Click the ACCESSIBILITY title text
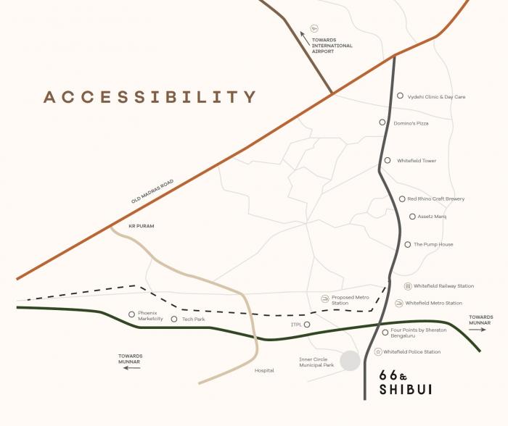click(x=150, y=97)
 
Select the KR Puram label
click(x=142, y=226)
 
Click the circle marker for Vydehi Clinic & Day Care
click(x=400, y=96)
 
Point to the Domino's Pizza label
click(x=411, y=123)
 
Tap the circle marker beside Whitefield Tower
click(x=388, y=160)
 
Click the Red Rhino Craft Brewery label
click(x=435, y=199)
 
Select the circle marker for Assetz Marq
click(x=412, y=216)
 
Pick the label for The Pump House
click(x=433, y=244)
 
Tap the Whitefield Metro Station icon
click(x=398, y=303)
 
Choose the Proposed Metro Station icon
click(x=325, y=298)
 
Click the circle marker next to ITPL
click(x=308, y=325)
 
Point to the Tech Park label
click(x=194, y=319)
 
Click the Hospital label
click(x=264, y=370)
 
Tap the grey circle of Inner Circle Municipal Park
click(x=351, y=361)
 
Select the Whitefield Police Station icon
click(x=378, y=352)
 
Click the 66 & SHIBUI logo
click(x=406, y=382)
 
